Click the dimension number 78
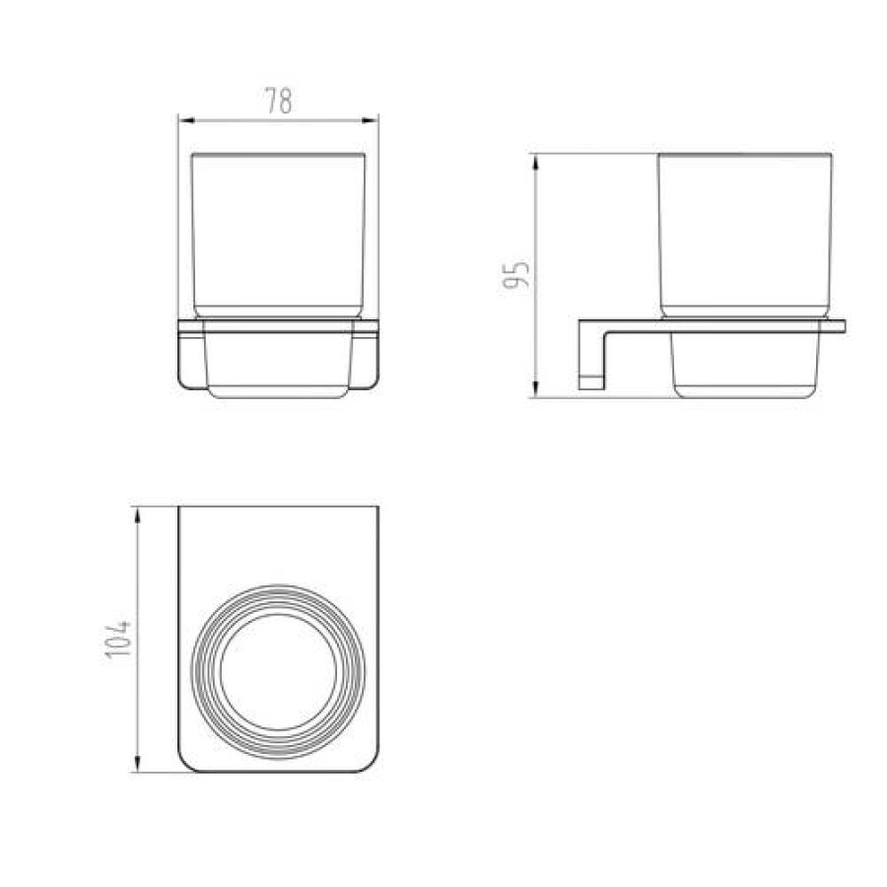(x=279, y=102)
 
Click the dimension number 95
(x=515, y=274)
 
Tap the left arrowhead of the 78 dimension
(x=186, y=120)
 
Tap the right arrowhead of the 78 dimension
(x=370, y=120)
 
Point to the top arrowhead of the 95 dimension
(x=535, y=162)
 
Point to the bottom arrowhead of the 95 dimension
(x=535, y=389)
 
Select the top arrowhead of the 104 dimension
(x=136, y=514)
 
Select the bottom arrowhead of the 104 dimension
(x=136, y=764)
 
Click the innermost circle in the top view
(x=278, y=614)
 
